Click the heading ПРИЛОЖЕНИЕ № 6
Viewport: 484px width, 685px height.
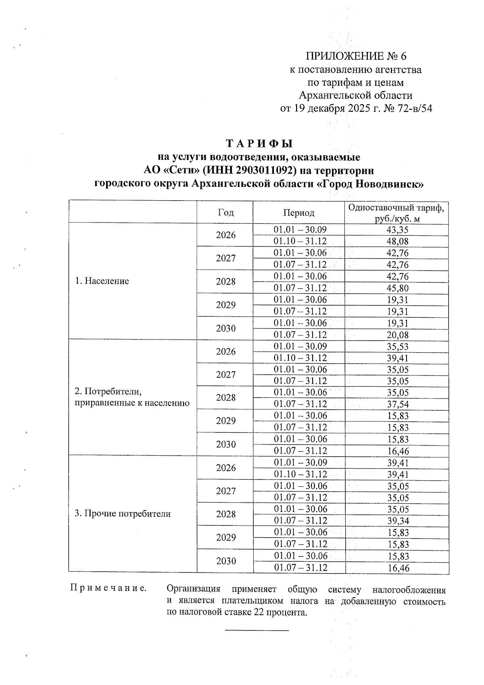[x=359, y=56]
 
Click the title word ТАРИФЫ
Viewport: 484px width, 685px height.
[x=259, y=144]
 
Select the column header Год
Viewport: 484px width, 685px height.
[x=225, y=212]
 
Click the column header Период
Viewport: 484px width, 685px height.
[x=298, y=213]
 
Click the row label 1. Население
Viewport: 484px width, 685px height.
[x=102, y=281]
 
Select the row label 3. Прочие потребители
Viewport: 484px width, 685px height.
[x=123, y=514]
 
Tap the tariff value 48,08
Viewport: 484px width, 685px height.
[x=397, y=242]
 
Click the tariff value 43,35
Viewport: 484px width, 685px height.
[x=397, y=230]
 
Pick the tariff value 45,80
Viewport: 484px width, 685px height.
[x=397, y=288]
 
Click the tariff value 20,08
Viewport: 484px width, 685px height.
[x=397, y=335]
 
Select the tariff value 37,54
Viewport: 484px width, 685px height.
[x=397, y=404]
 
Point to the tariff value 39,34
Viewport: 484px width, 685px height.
[x=397, y=521]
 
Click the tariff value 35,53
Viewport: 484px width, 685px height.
[x=397, y=346]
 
